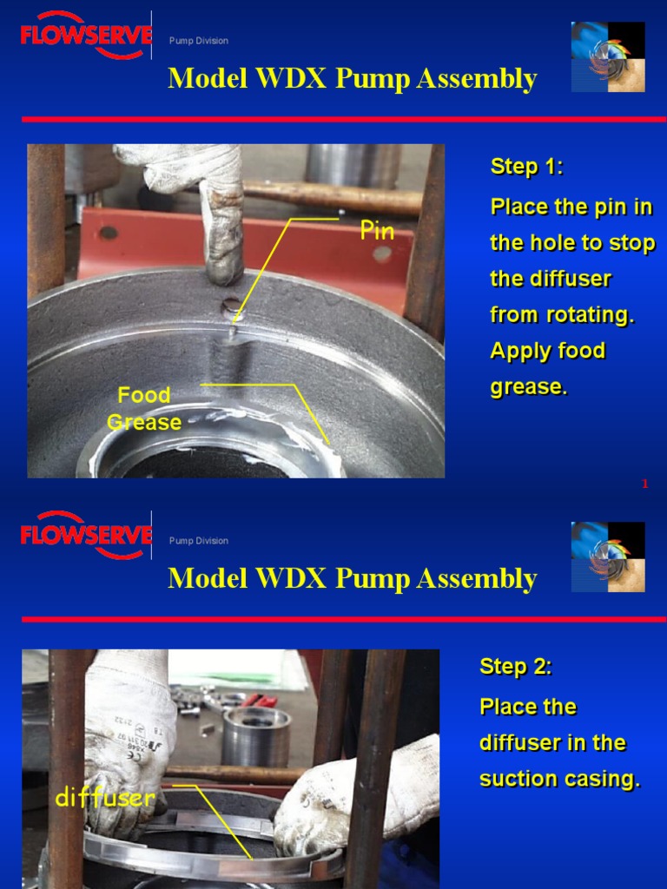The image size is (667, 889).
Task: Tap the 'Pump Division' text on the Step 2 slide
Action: coord(199,541)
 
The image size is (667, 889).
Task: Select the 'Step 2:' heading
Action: coord(516,667)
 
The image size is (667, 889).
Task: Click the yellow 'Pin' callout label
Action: coord(378,231)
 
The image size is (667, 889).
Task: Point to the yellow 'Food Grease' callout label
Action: coord(144,409)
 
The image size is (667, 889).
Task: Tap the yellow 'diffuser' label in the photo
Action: coord(105,798)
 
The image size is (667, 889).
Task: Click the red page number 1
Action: coord(645,484)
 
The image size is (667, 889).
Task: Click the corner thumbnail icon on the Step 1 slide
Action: coord(608,57)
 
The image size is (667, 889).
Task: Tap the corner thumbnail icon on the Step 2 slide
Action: coord(608,557)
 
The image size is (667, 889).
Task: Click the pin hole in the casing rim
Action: coord(230,306)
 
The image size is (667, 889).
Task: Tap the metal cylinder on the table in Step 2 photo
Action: coord(255,736)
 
